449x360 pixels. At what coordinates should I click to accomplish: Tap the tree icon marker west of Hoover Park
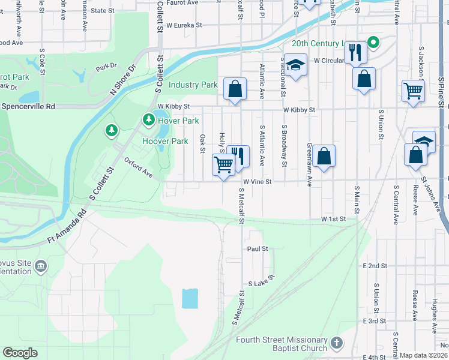(110, 130)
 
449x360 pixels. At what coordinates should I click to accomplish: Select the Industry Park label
(193, 85)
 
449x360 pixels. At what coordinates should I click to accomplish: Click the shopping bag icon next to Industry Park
(235, 89)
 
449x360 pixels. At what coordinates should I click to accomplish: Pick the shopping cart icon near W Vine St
(224, 164)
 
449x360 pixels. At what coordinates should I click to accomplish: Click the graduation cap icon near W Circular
(295, 64)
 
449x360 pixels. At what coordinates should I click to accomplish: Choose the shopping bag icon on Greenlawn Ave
(324, 157)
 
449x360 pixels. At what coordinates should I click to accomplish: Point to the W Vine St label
(258, 181)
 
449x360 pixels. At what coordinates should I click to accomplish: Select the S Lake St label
(261, 280)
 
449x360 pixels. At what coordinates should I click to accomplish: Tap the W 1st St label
(334, 220)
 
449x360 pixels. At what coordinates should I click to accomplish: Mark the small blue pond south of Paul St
(190, 298)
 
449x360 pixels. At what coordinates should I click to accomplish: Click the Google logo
(20, 353)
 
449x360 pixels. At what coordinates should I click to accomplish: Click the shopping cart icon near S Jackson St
(413, 92)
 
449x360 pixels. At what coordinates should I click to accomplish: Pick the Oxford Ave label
(138, 167)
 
